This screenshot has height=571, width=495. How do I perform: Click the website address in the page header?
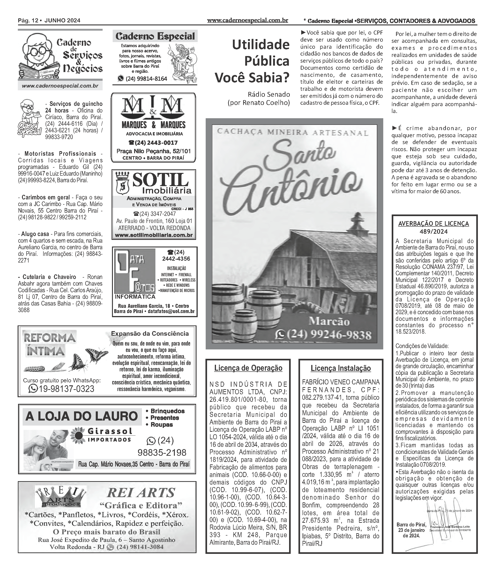point(247,20)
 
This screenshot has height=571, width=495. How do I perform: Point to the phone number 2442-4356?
point(176,259)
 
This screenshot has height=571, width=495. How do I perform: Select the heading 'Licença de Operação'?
point(248,368)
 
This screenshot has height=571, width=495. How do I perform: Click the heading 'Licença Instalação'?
point(341,368)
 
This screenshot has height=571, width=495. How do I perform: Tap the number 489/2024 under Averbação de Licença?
point(433,232)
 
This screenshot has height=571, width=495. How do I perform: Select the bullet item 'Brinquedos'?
point(167,411)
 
